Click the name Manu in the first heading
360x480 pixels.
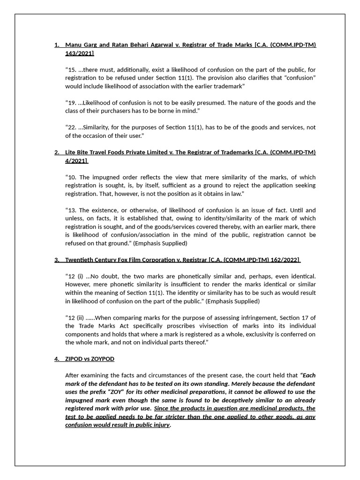coord(74,45)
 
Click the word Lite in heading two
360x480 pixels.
coord(71,152)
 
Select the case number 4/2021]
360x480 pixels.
coord(76,161)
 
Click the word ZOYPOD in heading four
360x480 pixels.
coord(103,359)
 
